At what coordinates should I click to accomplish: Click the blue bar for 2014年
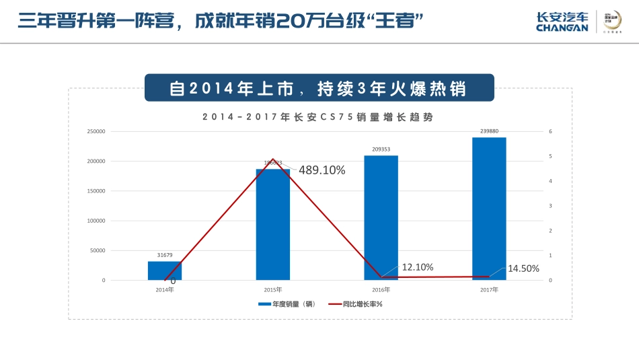pos(165,271)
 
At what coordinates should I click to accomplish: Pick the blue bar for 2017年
pos(489,209)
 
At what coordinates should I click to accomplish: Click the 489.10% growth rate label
pos(322,171)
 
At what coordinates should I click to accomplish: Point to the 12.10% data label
pos(417,267)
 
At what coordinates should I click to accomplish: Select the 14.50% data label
pos(523,268)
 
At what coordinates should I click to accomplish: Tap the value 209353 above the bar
pos(381,150)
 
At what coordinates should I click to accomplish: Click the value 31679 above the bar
pos(165,256)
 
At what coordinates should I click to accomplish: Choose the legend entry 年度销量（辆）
pos(287,304)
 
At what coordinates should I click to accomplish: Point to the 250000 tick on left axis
pos(96,132)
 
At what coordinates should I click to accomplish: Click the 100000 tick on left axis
pos(96,221)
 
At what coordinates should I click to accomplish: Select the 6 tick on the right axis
pos(550,132)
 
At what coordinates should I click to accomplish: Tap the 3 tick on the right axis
pos(550,206)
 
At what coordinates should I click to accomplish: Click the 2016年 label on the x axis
pos(381,290)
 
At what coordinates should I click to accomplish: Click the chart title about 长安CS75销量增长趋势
pos(317,116)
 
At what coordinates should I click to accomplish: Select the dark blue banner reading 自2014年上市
pos(319,88)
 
